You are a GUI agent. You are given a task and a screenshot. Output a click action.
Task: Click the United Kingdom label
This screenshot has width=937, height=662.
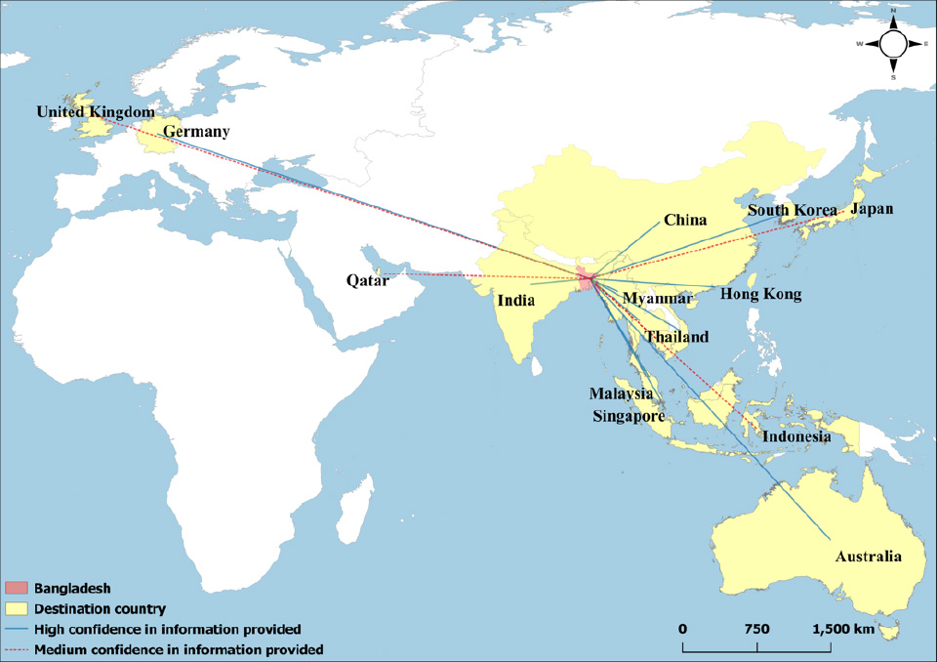point(96,112)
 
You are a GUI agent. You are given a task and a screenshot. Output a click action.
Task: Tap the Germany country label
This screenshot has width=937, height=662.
point(196,132)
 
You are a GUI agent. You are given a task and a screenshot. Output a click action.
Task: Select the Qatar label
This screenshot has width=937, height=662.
point(367,280)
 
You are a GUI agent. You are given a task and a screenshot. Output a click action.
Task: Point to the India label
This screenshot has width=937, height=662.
point(516,301)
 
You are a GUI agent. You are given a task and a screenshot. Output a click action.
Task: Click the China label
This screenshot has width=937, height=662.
point(685,220)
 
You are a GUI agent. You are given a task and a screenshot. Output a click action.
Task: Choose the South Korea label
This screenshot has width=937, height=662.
point(793,211)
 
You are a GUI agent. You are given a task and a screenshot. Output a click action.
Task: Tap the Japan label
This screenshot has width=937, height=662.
point(871,209)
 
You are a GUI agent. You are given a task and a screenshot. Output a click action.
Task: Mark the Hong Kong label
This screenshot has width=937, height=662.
point(760,294)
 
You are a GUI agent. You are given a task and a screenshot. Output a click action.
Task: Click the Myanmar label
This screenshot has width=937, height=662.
point(658,297)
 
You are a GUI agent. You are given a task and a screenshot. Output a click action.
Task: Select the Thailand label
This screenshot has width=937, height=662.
point(676,337)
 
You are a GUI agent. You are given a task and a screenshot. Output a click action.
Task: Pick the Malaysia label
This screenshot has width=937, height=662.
point(620,393)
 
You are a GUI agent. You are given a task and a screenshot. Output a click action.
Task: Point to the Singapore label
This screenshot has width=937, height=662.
point(630,415)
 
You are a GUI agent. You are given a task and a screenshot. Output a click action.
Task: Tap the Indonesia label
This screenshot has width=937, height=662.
point(796,436)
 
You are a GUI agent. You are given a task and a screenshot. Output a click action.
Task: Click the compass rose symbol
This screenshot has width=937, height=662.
point(893,44)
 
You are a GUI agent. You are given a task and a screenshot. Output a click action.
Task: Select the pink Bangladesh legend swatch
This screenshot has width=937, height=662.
point(17,589)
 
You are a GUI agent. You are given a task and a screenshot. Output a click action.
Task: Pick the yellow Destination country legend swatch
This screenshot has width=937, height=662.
point(17,608)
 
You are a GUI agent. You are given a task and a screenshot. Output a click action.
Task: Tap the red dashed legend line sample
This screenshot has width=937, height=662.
point(17,648)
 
